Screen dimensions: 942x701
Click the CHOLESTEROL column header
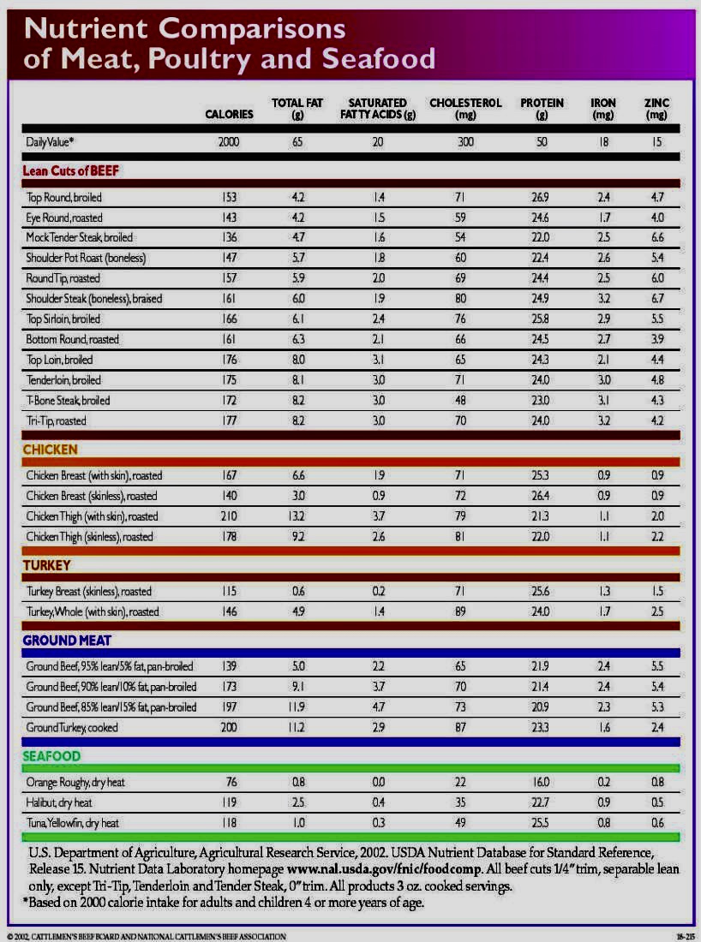[465, 109]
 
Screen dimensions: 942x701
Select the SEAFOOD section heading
[51, 756]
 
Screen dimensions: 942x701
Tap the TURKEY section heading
[46, 566]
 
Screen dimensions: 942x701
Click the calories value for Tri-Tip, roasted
[229, 421]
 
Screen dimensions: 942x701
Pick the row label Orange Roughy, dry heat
[75, 783]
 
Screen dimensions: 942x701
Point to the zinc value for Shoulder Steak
[657, 299]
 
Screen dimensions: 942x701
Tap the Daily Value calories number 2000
[229, 143]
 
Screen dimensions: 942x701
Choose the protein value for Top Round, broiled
[542, 197]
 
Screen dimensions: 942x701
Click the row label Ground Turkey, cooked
[72, 728]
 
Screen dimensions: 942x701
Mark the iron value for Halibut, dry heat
[603, 803]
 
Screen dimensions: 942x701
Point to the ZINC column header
[657, 109]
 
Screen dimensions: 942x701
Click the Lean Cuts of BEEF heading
[70, 170]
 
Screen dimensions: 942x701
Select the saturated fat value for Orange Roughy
[378, 783]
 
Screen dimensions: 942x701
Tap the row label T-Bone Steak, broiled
[68, 401]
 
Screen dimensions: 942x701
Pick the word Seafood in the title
[378, 59]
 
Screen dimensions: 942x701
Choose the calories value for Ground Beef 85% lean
[229, 707]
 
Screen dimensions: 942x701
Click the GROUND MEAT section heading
[67, 640]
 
